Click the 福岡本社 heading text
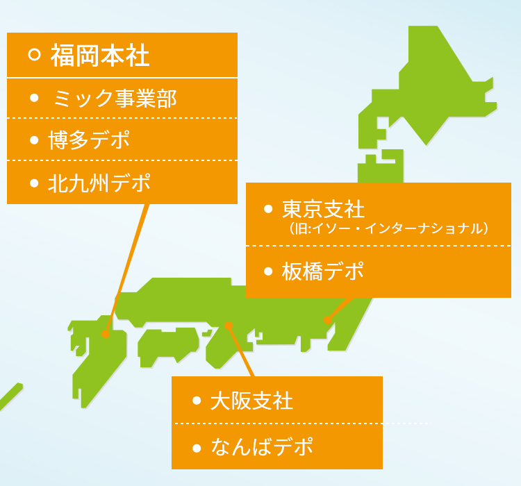pyautogui.click(x=100, y=55)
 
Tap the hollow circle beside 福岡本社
pyautogui.click(x=34, y=54)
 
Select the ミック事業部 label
pyautogui.click(x=115, y=99)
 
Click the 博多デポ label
pyautogui.click(x=89, y=140)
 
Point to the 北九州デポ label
pyautogui.click(x=99, y=183)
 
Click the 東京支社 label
pyautogui.click(x=323, y=209)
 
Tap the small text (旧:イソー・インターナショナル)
pyautogui.click(x=388, y=228)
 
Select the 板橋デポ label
pyautogui.click(x=322, y=271)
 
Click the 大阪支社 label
pyautogui.click(x=252, y=401)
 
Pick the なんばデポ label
pyautogui.click(x=262, y=446)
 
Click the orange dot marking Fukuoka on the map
pyautogui.click(x=106, y=334)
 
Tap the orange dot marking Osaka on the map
pyautogui.click(x=229, y=326)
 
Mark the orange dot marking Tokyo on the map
pyautogui.click(x=328, y=320)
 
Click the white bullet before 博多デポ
pyautogui.click(x=34, y=140)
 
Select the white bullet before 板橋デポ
pyautogui.click(x=268, y=271)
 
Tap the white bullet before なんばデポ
pyautogui.click(x=197, y=449)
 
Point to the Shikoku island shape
pyautogui.click(x=168, y=346)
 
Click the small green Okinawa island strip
pyautogui.click(x=10, y=396)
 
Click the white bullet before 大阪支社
pyautogui.click(x=197, y=401)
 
